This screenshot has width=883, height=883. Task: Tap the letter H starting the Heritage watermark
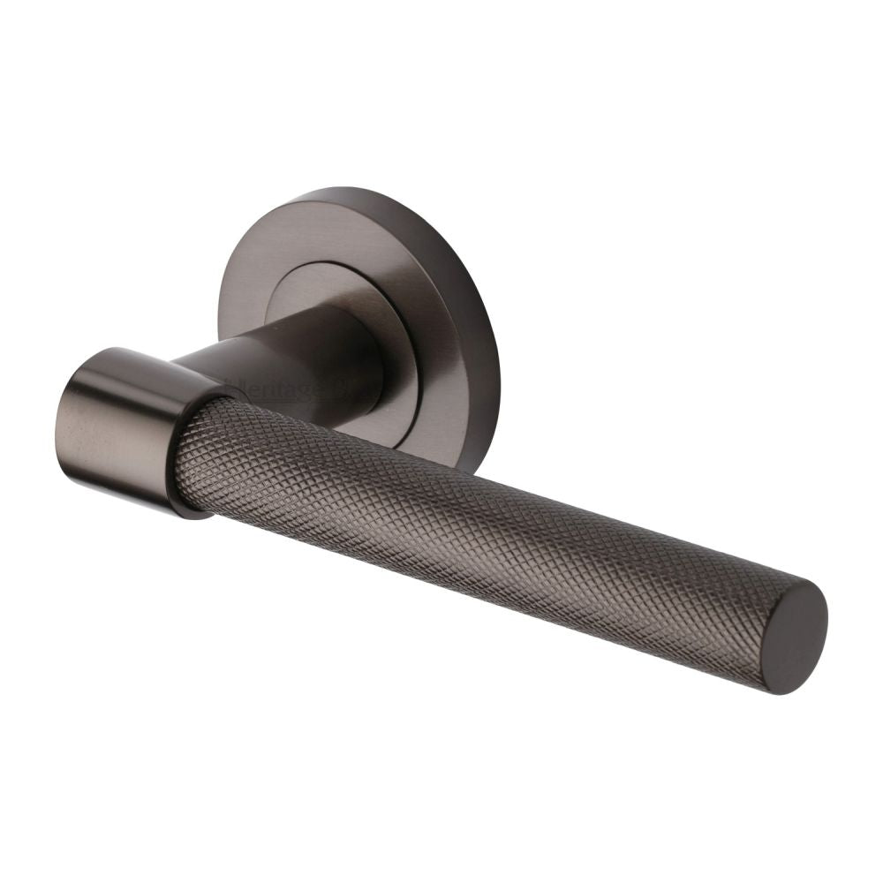click(x=231, y=386)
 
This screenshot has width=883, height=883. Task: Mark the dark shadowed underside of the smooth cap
click(x=132, y=494)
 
